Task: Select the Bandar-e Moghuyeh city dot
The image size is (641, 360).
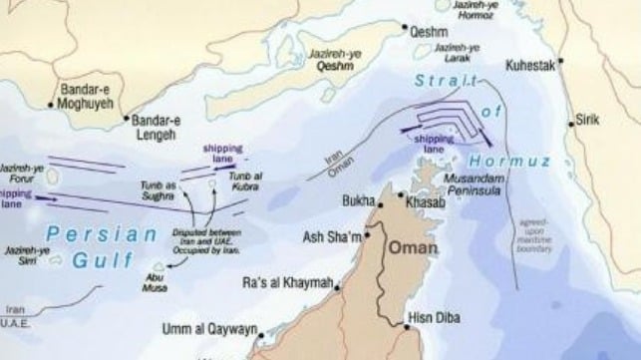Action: point(52,103)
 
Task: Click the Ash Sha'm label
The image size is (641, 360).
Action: point(332,237)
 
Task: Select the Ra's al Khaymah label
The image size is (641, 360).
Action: point(288,285)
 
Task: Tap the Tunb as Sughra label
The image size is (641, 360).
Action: point(159,191)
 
